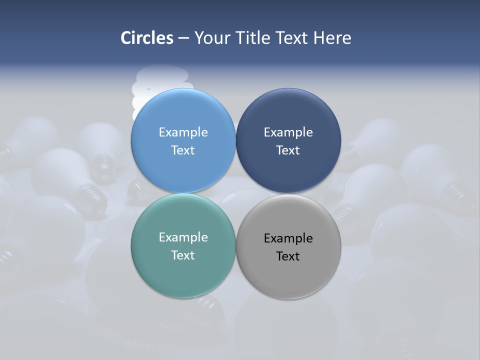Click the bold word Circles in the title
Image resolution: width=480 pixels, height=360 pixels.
[x=147, y=38]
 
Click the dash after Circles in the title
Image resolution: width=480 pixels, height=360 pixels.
[x=183, y=38]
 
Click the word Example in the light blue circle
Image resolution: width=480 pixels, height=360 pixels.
[x=183, y=132]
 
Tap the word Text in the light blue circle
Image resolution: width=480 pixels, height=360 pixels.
[x=183, y=150]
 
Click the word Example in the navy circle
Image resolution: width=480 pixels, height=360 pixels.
[x=288, y=132]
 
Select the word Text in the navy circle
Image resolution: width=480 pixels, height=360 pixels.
[x=288, y=150]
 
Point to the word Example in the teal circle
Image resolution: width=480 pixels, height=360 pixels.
[x=183, y=237]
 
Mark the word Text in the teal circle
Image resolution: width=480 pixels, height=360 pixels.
[x=183, y=255]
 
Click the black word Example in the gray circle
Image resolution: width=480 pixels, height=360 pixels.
[x=288, y=238]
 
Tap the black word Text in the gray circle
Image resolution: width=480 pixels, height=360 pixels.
[x=288, y=256]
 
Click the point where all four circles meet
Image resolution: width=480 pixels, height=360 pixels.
[x=236, y=193]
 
